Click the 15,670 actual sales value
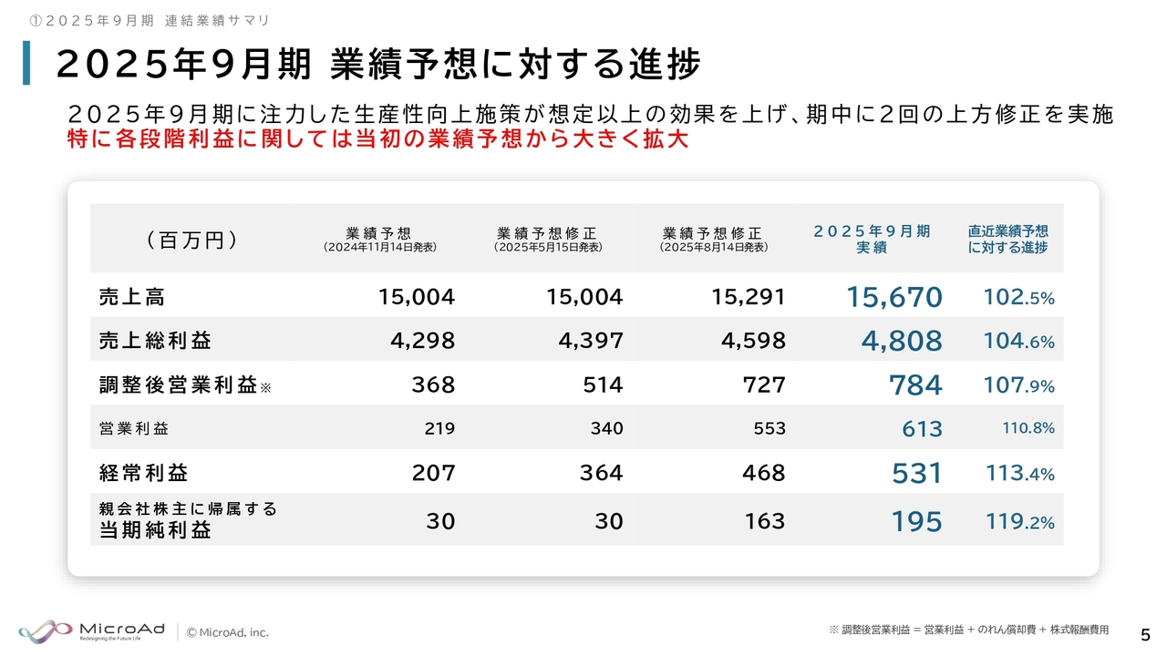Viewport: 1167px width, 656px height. (894, 297)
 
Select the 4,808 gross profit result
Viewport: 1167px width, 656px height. (902, 341)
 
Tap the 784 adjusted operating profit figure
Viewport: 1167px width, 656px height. (915, 385)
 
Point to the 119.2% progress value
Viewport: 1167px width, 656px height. (1020, 522)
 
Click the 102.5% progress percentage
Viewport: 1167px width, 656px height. (1019, 297)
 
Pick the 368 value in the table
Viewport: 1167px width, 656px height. (433, 385)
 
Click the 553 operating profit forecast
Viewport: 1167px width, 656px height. (769, 429)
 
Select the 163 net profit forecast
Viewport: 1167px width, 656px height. (764, 521)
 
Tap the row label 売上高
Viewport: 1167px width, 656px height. (132, 297)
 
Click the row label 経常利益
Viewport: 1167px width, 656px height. (144, 474)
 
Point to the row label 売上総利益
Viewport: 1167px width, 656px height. (155, 342)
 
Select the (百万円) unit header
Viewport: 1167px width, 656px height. (191, 240)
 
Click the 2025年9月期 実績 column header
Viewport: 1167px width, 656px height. (872, 239)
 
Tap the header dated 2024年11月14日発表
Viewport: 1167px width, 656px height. (379, 239)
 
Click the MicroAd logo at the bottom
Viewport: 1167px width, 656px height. (91, 630)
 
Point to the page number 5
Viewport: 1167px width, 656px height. (1145, 633)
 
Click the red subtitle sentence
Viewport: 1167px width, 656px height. (377, 141)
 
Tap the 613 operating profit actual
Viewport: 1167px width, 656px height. (922, 429)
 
